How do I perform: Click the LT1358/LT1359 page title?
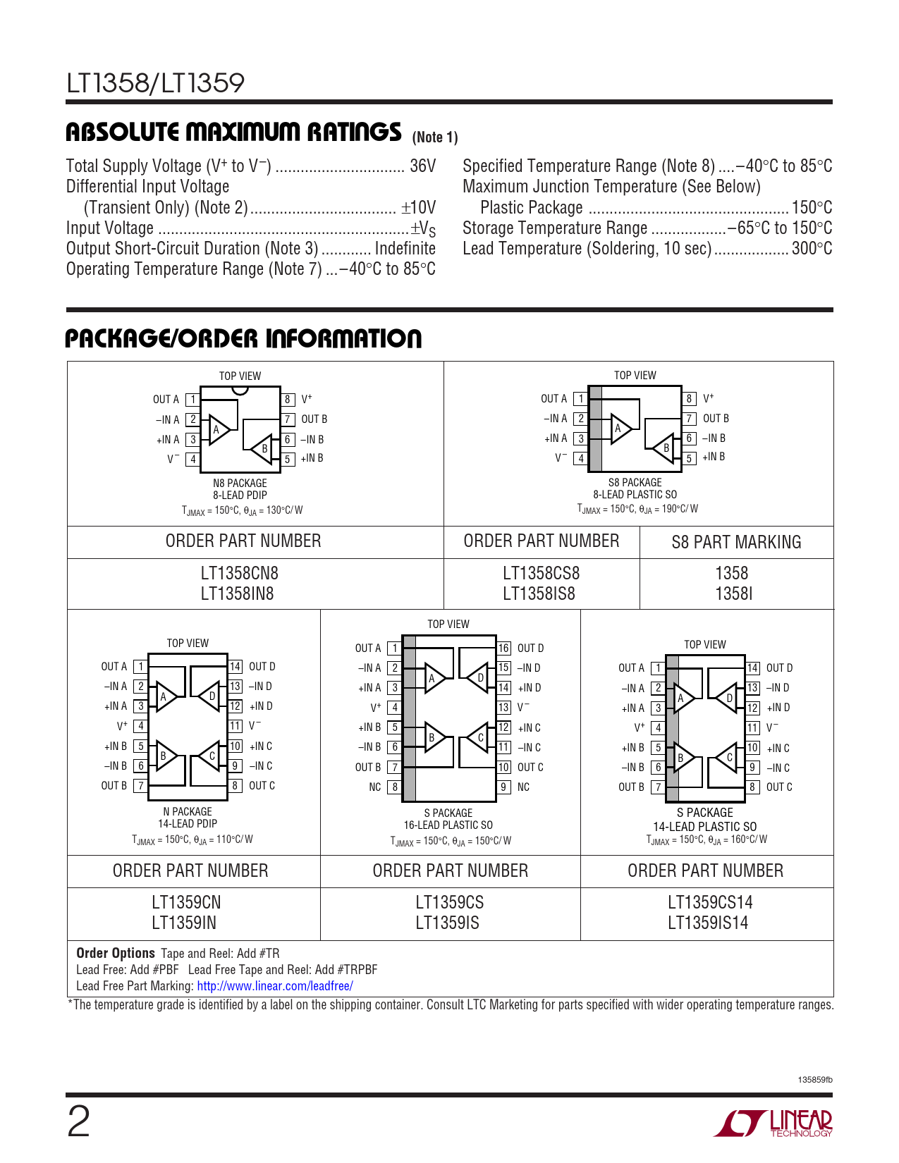(x=155, y=83)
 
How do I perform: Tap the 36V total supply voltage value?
(x=422, y=166)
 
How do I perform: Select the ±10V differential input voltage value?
(x=419, y=208)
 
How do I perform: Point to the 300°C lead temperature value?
(x=812, y=249)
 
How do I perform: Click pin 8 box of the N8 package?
(x=288, y=400)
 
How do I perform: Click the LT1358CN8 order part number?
(x=240, y=574)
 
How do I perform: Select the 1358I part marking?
(x=733, y=594)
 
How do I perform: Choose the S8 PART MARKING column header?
(x=736, y=542)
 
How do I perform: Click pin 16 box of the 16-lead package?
(x=504, y=648)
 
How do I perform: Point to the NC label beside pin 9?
(x=523, y=787)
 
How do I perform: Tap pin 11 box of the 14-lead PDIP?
(x=236, y=726)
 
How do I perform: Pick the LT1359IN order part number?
(x=185, y=923)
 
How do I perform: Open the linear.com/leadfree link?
(x=274, y=986)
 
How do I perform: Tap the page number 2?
(x=78, y=1122)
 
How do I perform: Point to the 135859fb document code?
(x=815, y=1080)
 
